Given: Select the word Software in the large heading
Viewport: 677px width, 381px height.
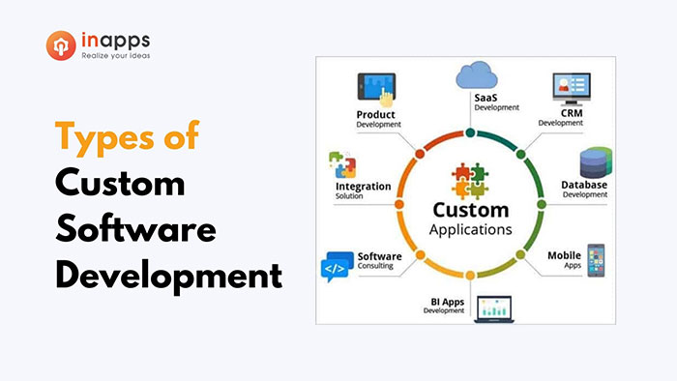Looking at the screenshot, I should coord(135,229).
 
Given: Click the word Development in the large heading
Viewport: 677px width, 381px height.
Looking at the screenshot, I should coord(168,277).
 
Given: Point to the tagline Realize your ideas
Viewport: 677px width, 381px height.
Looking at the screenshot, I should coord(113,56).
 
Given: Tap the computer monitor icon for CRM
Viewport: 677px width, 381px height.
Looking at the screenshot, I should coord(568,90).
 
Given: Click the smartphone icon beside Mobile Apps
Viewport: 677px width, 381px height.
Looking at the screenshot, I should coord(595,259).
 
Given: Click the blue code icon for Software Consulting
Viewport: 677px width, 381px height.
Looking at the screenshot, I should coord(334,266).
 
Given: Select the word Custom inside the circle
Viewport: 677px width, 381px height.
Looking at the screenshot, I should coord(470,210).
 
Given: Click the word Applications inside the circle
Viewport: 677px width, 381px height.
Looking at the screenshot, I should coord(470,230).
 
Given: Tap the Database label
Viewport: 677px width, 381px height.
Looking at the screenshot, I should coord(585,185).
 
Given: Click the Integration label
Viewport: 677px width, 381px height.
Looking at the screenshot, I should coord(364,187).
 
